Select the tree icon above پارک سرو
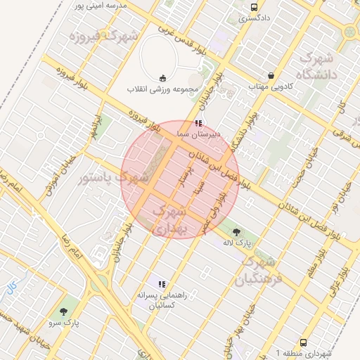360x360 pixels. pos(64,311)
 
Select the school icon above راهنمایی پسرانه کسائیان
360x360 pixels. pos(162,285)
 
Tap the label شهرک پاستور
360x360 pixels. pos(112,178)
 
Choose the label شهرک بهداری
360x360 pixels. pos(168,219)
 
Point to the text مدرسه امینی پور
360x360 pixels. pos(102,6)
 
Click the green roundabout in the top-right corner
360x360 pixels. pos(349,31)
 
